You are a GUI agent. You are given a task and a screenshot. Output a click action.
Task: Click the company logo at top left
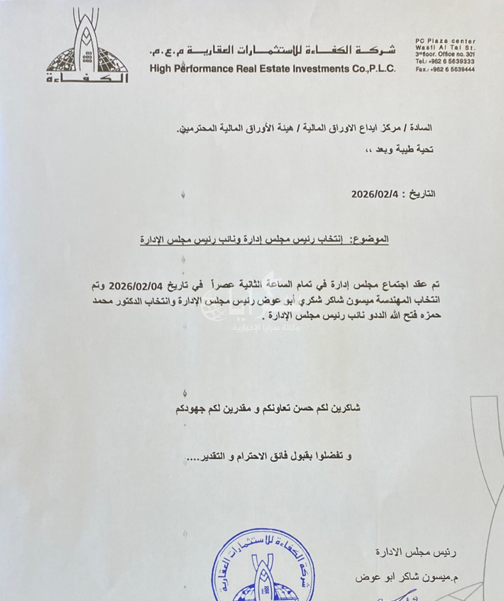point(87,46)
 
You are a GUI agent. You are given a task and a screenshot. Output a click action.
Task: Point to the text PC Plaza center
point(445,41)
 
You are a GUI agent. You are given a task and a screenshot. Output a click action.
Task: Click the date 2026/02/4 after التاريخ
point(376,194)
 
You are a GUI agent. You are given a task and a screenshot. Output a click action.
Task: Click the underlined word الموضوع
point(374,240)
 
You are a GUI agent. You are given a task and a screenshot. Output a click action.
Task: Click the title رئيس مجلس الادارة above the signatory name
point(428,551)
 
